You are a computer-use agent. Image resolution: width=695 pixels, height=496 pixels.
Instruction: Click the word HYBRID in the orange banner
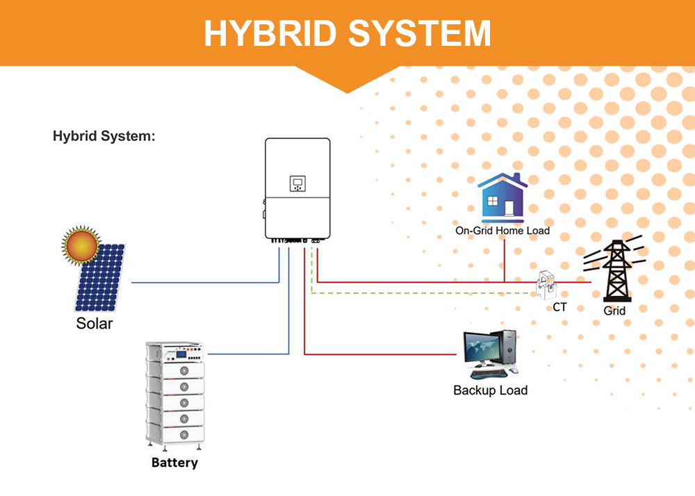pos(269,33)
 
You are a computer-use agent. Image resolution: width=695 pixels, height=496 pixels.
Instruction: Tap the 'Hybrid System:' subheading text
pos(104,136)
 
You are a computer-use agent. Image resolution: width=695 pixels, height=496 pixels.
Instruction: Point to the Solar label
pos(94,324)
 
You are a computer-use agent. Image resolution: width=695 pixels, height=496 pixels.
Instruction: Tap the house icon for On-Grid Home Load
pos(502,197)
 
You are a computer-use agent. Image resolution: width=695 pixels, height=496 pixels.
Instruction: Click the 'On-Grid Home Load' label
pos(502,231)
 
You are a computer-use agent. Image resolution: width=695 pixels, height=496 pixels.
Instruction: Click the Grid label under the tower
pos(614,311)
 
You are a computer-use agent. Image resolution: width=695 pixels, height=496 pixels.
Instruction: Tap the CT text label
pos(559,306)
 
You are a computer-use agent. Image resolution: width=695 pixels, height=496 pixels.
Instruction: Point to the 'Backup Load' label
pos(490,390)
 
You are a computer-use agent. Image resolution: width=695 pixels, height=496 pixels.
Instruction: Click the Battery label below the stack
pos(174,463)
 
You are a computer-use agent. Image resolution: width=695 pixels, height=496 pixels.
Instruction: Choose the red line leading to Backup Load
pos(382,355)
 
